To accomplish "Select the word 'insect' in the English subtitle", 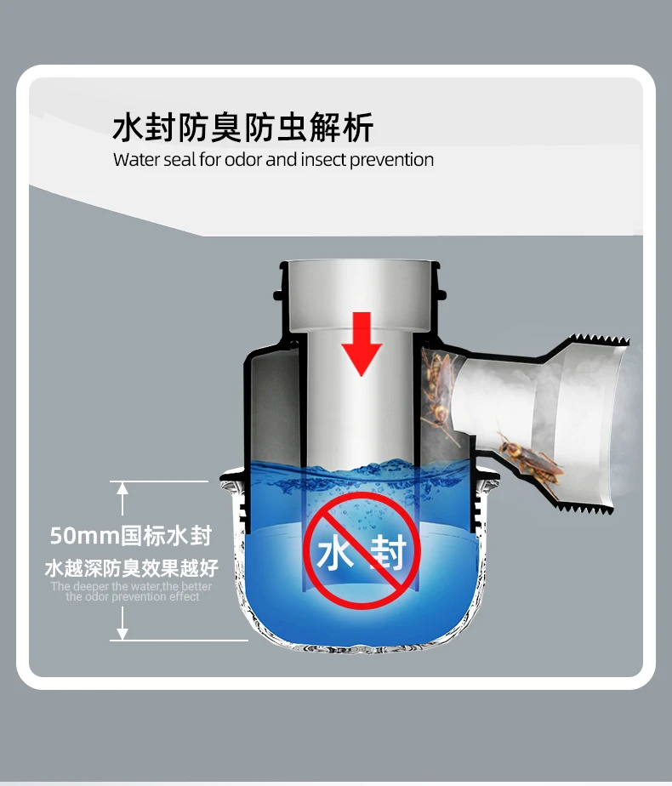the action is point(322,160).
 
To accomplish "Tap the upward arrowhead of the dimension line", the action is point(122,487).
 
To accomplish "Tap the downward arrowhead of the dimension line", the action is point(122,634).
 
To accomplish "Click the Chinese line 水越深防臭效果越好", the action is point(131,567).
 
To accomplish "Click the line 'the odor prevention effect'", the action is point(133,597).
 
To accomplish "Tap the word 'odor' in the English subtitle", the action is point(243,160).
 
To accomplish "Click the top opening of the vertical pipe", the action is point(362,265).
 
